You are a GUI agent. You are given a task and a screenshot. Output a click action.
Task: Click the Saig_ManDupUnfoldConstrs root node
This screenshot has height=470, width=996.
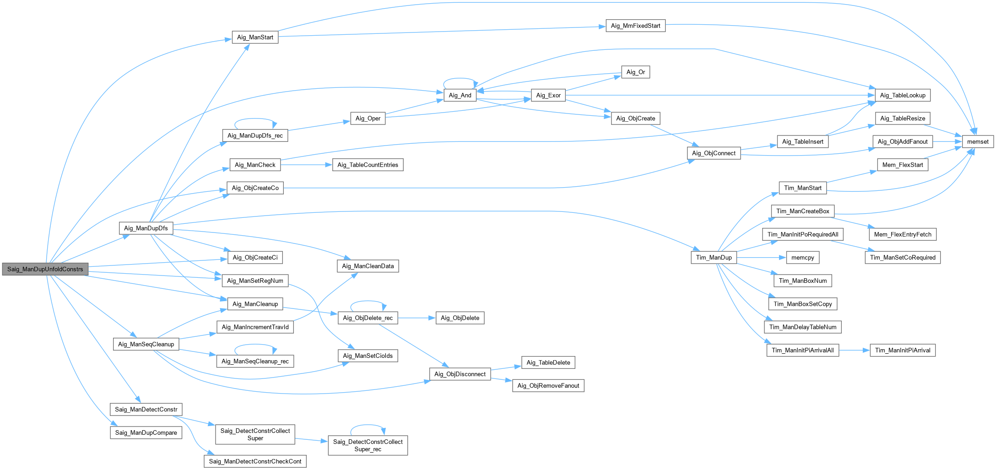click(45, 269)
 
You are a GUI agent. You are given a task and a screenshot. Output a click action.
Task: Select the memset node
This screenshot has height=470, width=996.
click(978, 141)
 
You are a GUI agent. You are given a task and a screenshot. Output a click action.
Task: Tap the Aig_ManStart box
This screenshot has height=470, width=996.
click(255, 38)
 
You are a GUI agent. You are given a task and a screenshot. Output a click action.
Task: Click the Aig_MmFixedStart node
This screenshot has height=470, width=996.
click(635, 26)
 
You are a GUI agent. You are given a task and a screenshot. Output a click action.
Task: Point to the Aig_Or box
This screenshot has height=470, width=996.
click(635, 72)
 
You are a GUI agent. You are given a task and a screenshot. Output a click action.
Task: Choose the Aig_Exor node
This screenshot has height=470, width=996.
click(548, 95)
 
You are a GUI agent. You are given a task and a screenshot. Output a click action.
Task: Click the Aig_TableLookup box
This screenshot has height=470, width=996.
click(902, 95)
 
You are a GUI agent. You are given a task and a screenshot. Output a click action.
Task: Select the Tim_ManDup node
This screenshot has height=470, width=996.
click(714, 257)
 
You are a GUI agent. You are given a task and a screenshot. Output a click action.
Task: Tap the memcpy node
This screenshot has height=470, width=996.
click(802, 257)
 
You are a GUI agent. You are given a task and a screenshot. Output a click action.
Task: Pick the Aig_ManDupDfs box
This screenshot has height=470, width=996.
click(146, 228)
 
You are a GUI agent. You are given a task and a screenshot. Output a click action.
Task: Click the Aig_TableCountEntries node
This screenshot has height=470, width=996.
click(368, 165)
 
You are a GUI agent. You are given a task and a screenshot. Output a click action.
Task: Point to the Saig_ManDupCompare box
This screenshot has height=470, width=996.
click(146, 432)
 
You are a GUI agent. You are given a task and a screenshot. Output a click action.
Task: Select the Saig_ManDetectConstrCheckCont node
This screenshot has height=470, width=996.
click(255, 461)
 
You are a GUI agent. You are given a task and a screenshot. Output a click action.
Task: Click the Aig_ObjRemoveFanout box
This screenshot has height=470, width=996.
click(548, 385)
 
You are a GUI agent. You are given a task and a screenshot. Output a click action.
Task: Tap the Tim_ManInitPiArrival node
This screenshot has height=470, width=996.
click(902, 350)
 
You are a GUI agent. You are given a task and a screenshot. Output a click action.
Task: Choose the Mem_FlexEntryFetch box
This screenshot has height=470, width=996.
click(902, 234)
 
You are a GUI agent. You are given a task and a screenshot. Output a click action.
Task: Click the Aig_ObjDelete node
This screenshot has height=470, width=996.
click(460, 318)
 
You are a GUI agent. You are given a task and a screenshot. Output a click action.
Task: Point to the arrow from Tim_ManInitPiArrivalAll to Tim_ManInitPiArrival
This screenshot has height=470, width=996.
click(854, 350)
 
